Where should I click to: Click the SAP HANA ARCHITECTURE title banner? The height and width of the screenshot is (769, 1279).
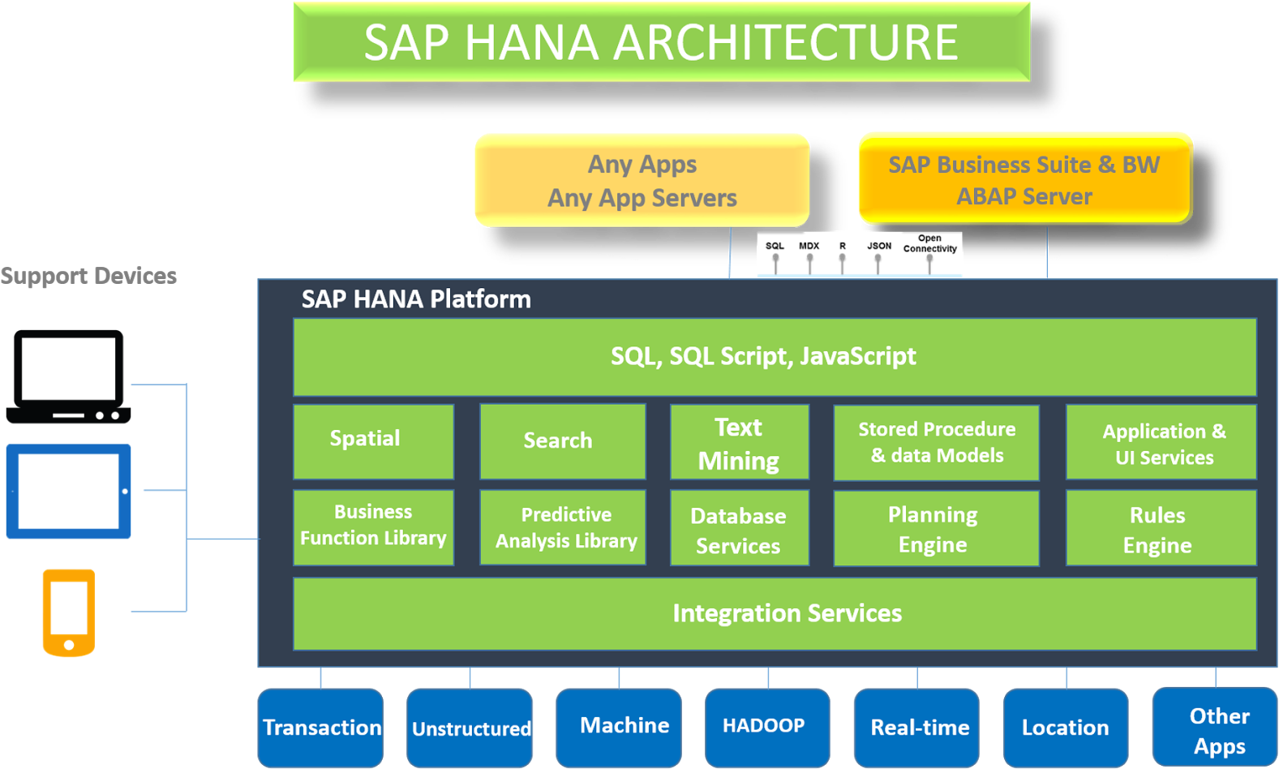pyautogui.click(x=661, y=42)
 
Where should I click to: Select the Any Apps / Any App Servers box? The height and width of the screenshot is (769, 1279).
pyautogui.click(x=642, y=180)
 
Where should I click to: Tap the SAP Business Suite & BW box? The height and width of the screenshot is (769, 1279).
pyautogui.click(x=1024, y=178)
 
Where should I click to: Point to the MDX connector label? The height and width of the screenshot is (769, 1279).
pyautogui.click(x=809, y=246)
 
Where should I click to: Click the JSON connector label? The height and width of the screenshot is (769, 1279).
pyautogui.click(x=878, y=246)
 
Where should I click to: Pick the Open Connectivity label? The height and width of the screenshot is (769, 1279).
pyautogui.click(x=929, y=243)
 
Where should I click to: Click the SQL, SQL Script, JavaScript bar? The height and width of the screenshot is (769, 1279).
pyautogui.click(x=774, y=357)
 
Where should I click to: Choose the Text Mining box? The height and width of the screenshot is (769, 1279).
pyautogui.click(x=739, y=443)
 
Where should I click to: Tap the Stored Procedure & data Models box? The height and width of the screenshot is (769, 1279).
pyautogui.click(x=936, y=442)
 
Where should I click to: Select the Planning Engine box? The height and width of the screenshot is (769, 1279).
pyautogui.click(x=936, y=528)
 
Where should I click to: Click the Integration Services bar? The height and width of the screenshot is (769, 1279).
pyautogui.click(x=774, y=613)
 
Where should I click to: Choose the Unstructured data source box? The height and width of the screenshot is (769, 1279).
pyautogui.click(x=470, y=728)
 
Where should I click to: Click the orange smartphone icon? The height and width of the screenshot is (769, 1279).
pyautogui.click(x=69, y=612)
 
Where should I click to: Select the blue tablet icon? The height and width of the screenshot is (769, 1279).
pyautogui.click(x=69, y=492)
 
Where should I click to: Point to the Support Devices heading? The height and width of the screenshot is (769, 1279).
pyautogui.click(x=88, y=276)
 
